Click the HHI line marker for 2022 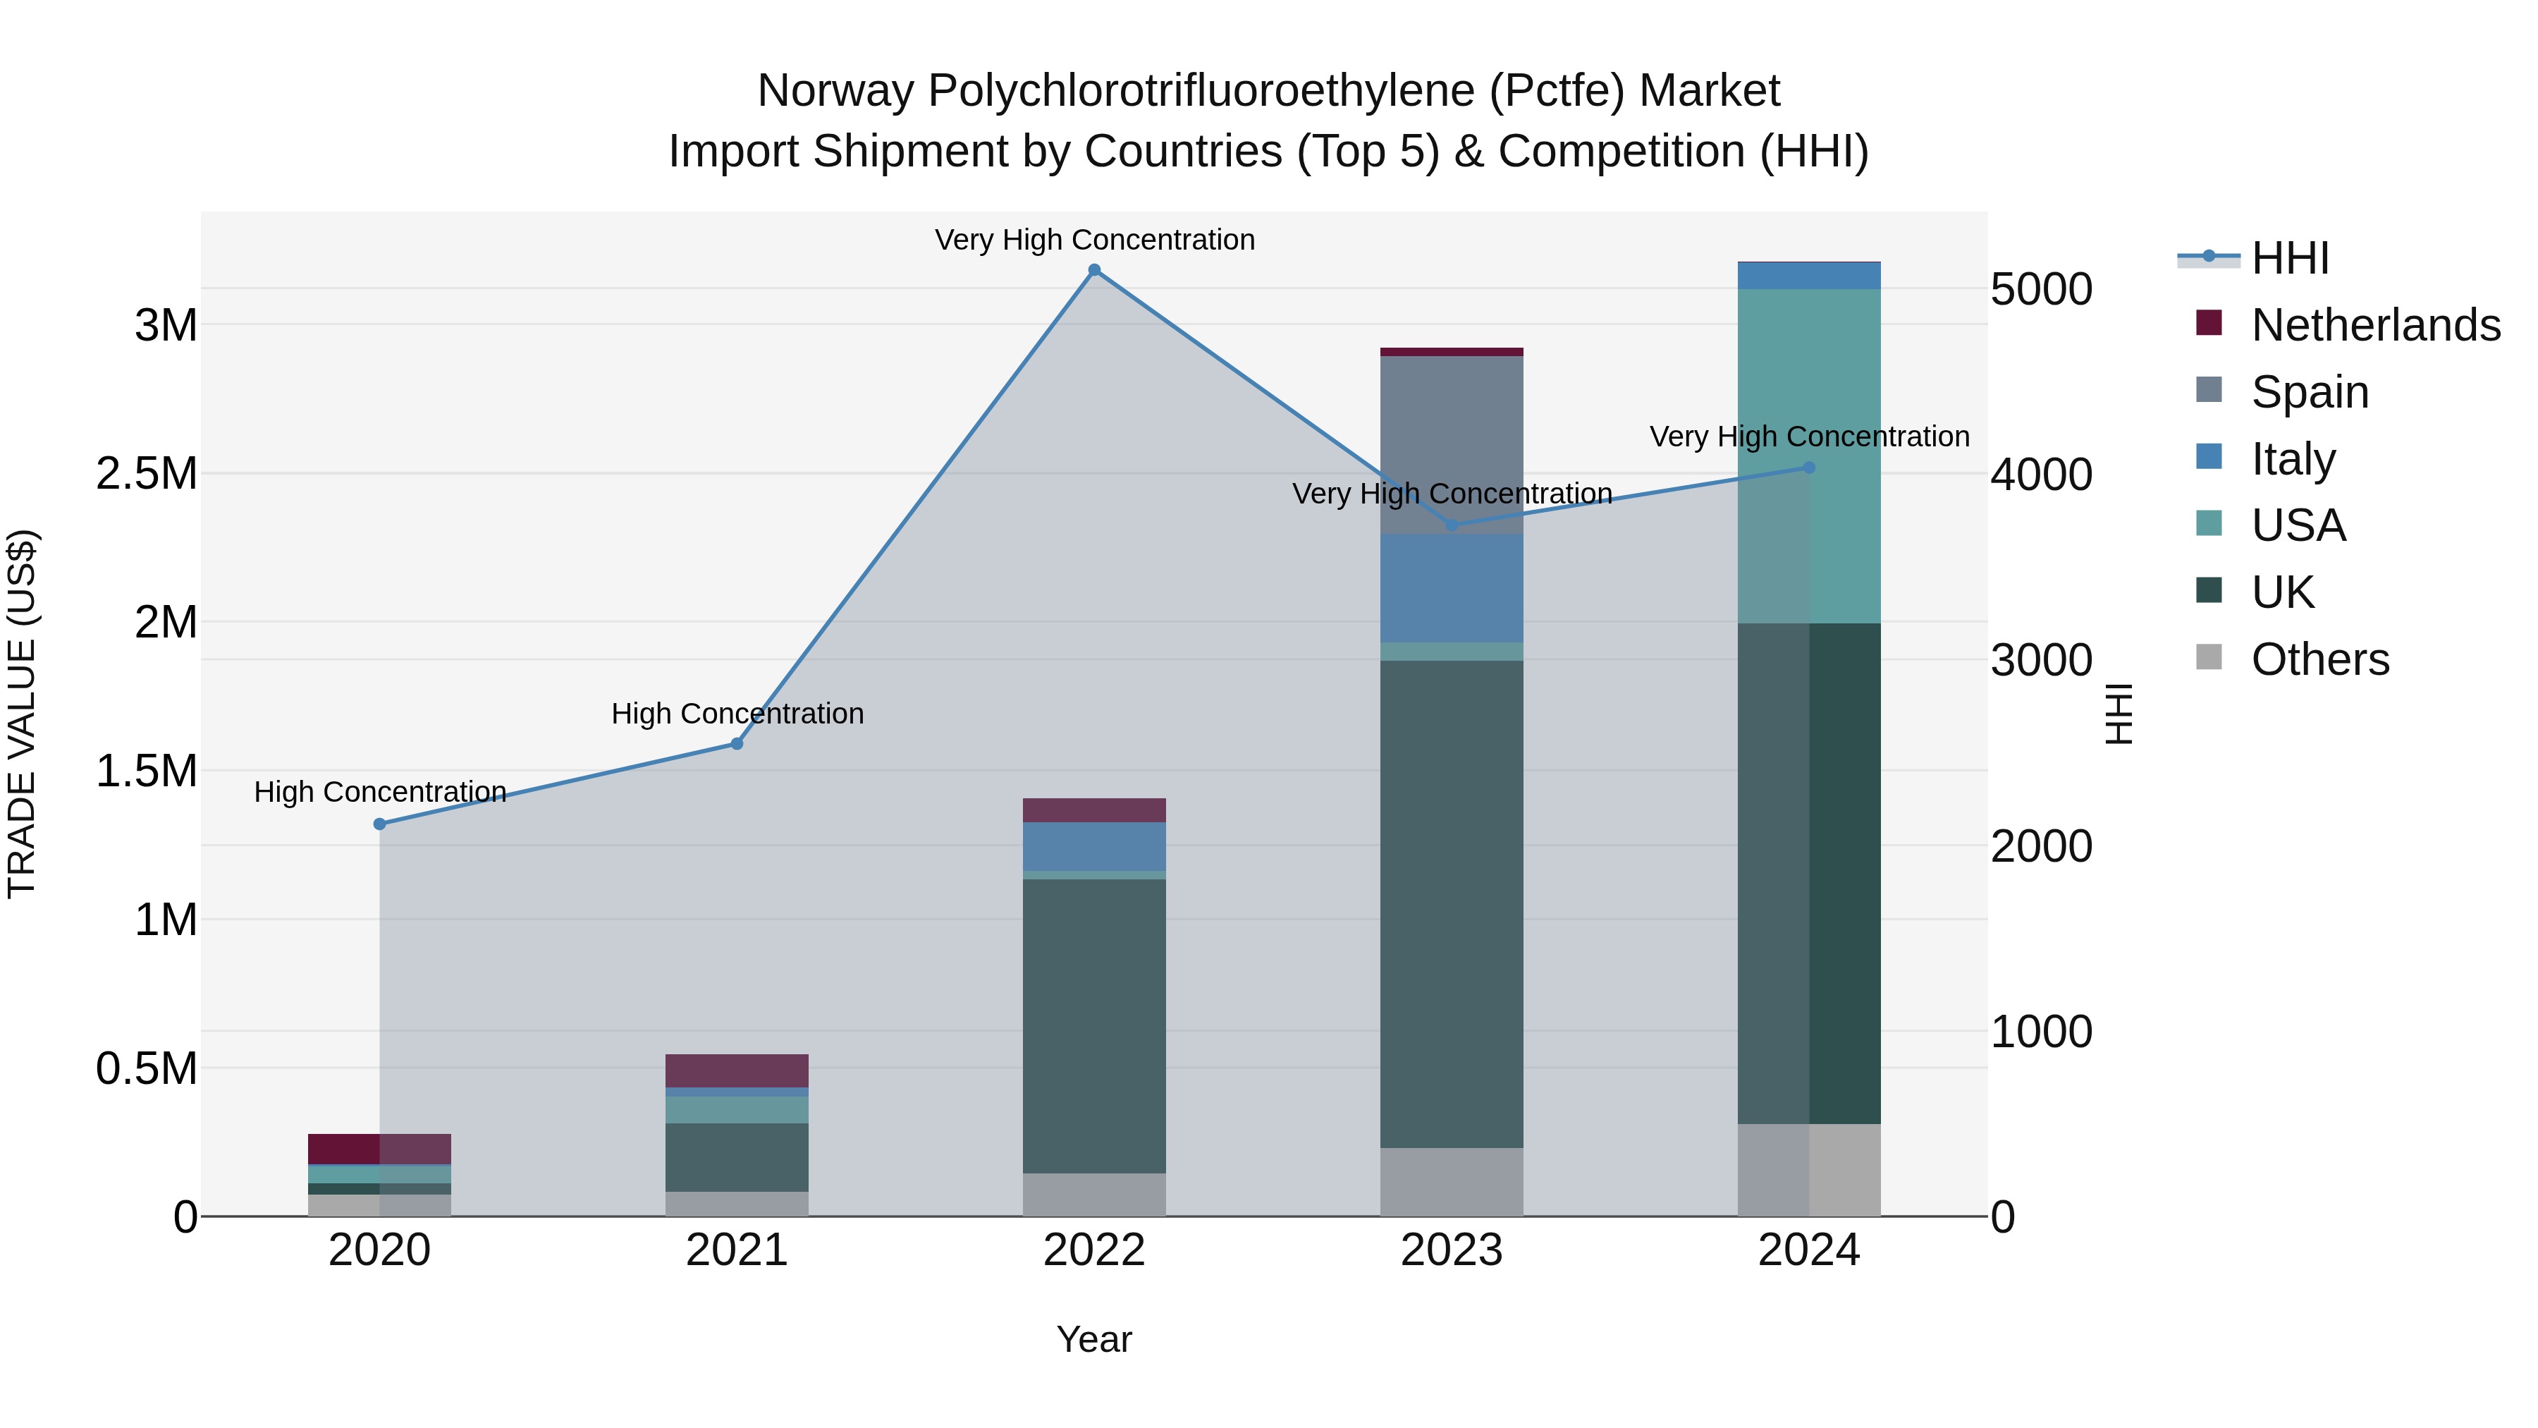click(x=1093, y=270)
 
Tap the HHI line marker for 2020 click(x=379, y=824)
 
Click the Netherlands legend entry click(x=2374, y=325)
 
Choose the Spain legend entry click(x=2310, y=392)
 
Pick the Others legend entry click(x=2319, y=659)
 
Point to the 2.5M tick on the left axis click(x=146, y=474)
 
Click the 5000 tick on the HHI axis click(x=2040, y=290)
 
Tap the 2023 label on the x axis click(x=1452, y=1250)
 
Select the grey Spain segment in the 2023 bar click(x=1452, y=444)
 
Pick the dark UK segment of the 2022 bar click(x=1093, y=1025)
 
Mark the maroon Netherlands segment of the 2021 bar click(x=736, y=1070)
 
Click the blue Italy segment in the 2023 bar click(x=1452, y=588)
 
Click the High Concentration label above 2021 click(x=737, y=714)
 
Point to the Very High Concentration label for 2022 click(x=1093, y=240)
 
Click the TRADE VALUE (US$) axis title click(x=22, y=714)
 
